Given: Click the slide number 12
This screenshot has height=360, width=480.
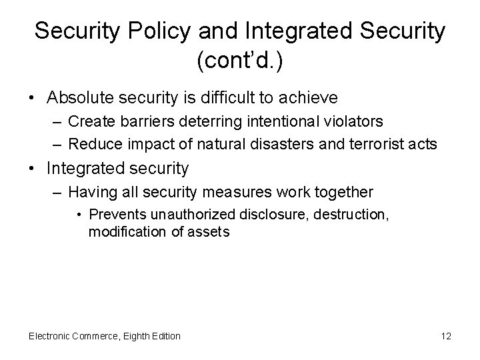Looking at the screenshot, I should tap(446, 336).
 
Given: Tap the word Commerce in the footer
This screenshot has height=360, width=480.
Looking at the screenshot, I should tap(95, 336).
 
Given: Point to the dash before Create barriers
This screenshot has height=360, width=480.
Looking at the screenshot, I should tap(57, 121).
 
